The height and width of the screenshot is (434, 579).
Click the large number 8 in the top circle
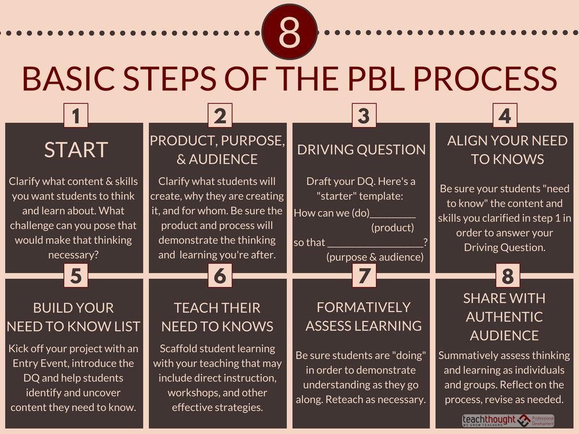tap(289, 32)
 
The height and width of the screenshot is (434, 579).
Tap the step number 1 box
tap(76, 116)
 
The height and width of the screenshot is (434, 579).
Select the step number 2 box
tap(220, 116)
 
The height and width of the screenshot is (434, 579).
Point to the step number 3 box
tap(364, 116)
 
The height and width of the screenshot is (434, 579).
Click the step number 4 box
tap(505, 116)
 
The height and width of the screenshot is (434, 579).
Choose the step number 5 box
tap(76, 276)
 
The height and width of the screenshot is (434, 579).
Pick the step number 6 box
tap(220, 276)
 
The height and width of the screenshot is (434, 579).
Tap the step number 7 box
tap(364, 276)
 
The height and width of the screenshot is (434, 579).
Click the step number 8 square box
tap(507, 277)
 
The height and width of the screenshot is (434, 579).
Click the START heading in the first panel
tap(76, 150)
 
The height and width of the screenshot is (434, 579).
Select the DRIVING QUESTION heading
tap(361, 150)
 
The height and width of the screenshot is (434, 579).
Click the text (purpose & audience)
tap(375, 257)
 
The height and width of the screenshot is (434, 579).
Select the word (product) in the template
tap(392, 228)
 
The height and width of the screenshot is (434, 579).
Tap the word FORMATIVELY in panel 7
tap(364, 307)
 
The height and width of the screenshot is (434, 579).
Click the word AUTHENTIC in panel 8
tap(504, 317)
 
